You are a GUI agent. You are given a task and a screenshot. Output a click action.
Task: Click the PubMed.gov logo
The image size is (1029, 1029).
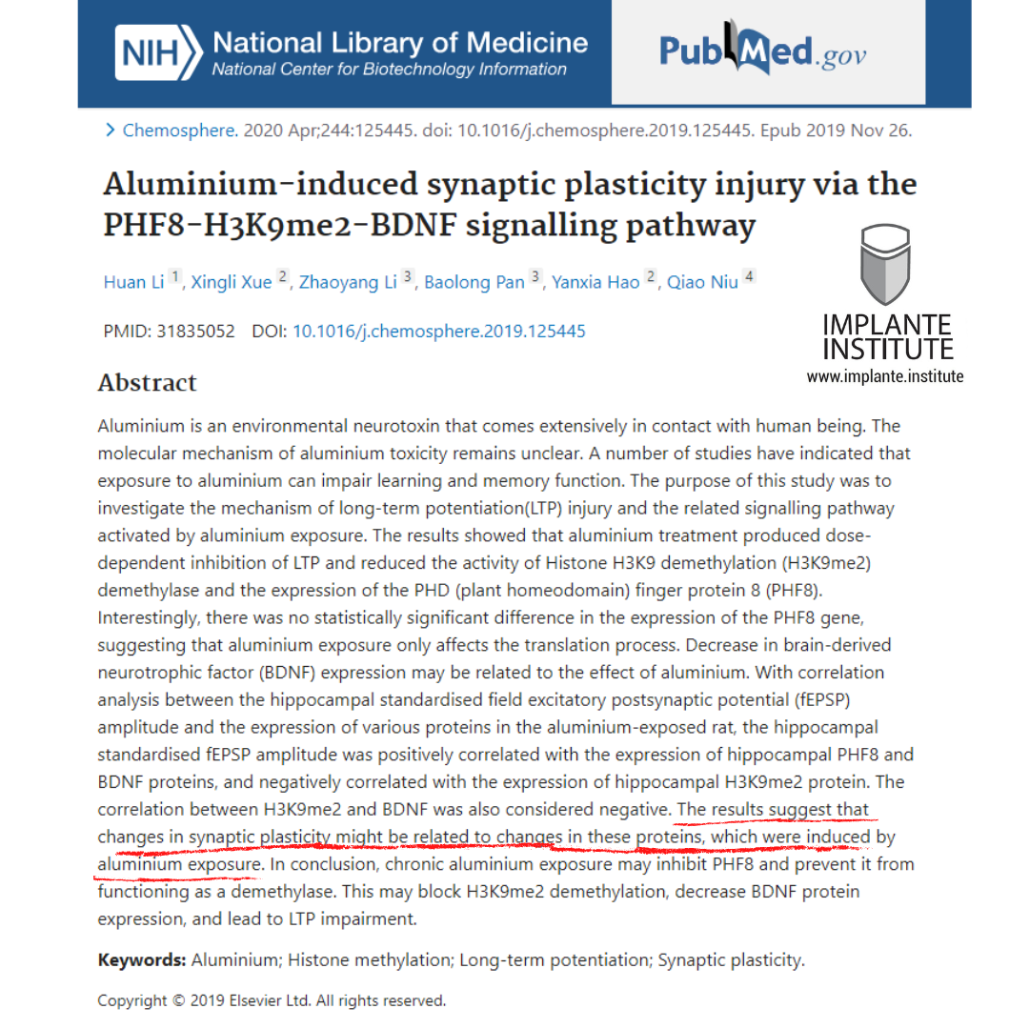(x=763, y=51)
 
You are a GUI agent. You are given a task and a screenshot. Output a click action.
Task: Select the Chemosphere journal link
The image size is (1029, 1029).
(x=179, y=131)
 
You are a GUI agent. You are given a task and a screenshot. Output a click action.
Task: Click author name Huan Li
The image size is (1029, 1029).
(x=133, y=283)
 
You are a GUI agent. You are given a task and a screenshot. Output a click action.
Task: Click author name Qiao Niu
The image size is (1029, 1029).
(x=702, y=283)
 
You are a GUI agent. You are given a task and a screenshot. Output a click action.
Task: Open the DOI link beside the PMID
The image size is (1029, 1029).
(x=438, y=332)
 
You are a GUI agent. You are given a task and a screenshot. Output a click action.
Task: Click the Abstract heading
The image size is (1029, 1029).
(x=147, y=383)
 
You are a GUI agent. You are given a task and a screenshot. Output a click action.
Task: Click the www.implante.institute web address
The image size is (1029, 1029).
(x=885, y=376)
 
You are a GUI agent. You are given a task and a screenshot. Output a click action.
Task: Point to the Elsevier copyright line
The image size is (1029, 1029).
(x=272, y=1000)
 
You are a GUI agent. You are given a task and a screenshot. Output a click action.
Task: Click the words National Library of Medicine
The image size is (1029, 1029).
(x=400, y=43)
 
